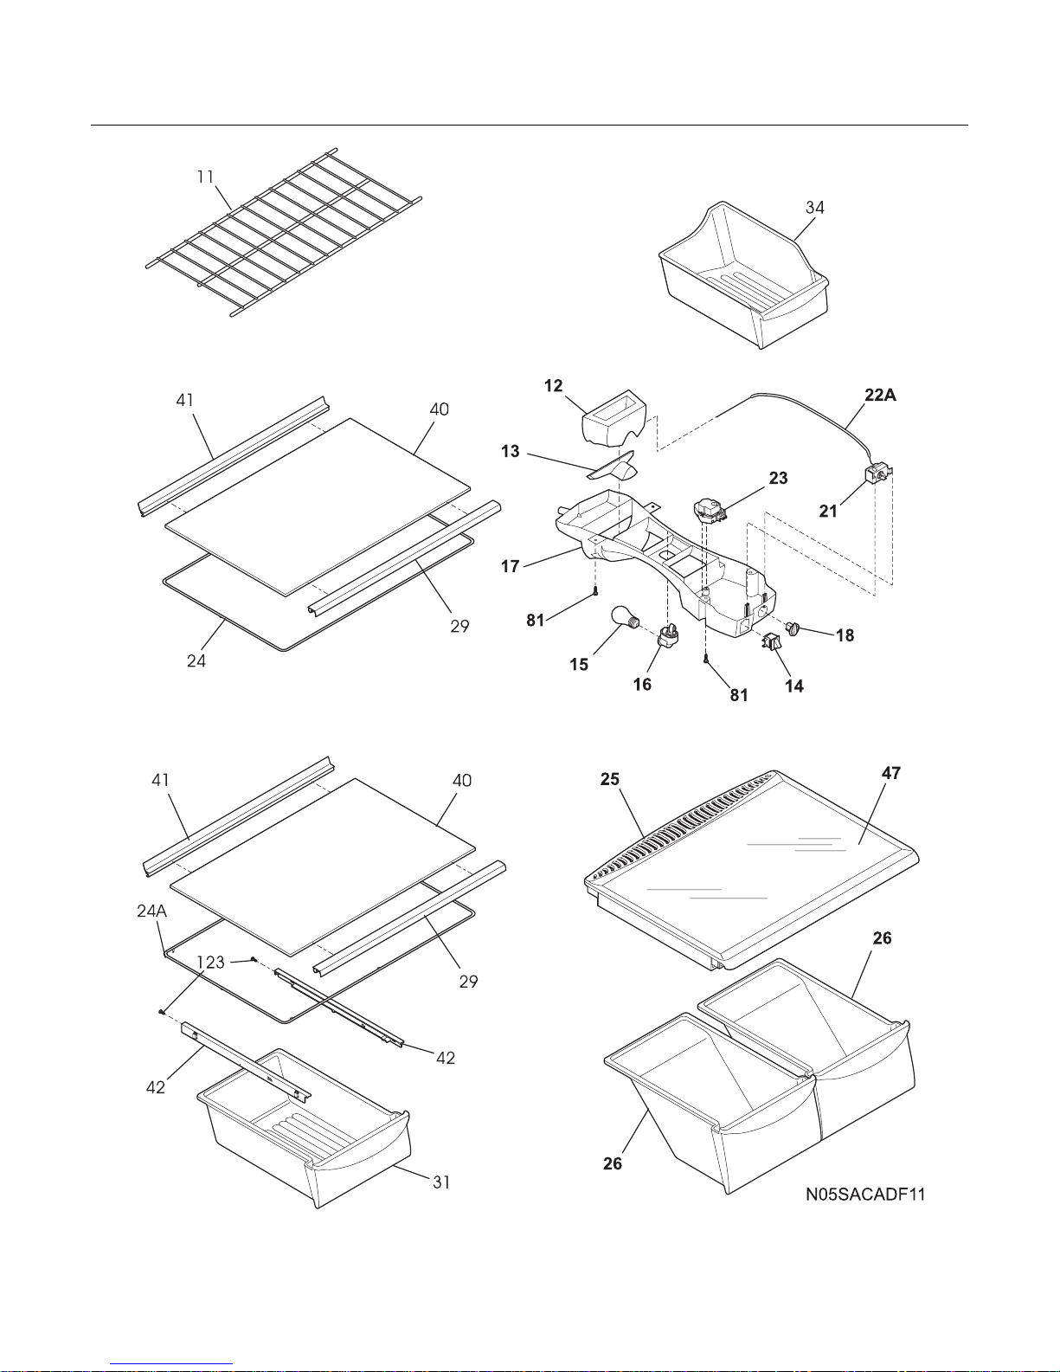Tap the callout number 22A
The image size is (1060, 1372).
coord(880,396)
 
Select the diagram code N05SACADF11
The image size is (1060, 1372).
coord(865,1195)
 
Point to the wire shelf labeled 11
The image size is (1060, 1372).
coord(284,232)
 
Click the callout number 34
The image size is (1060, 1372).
coord(814,207)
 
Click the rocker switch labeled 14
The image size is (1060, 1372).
coord(772,641)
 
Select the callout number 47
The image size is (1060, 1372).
coord(891,773)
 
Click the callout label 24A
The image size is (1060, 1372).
coord(152,911)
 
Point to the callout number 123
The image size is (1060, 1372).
coord(211,963)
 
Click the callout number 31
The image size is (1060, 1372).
coord(441,1182)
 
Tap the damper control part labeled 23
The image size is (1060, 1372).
coord(710,511)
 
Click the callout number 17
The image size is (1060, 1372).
coord(510,566)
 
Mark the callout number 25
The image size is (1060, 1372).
coord(609,779)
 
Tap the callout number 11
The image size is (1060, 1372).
coord(205,177)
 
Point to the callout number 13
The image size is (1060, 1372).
coord(510,452)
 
